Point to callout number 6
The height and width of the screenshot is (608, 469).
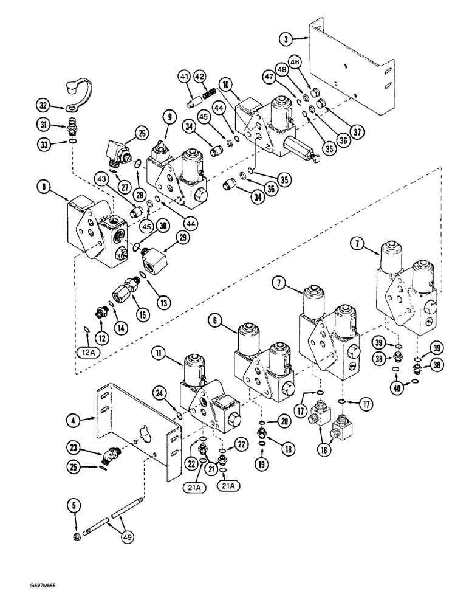pyautogui.click(x=216, y=318)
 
